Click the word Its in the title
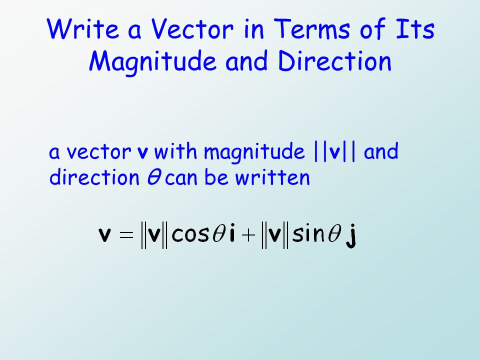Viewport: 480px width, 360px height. (414, 30)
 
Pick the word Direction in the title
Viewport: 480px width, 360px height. (334, 61)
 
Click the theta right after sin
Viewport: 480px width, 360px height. (330, 234)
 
